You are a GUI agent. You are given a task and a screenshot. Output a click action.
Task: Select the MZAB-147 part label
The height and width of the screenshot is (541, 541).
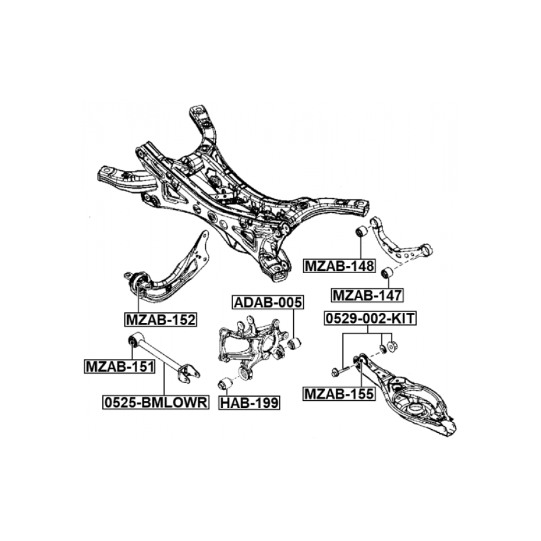pos(367,294)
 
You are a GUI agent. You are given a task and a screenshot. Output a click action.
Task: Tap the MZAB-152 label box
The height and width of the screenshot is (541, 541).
pos(160,320)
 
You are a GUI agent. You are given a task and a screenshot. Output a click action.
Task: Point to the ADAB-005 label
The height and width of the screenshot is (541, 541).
pos(267,303)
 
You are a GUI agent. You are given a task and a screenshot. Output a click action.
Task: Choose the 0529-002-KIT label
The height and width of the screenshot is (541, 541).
pos(370,319)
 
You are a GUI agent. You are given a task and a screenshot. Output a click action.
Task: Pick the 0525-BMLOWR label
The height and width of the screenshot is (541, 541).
pos(156,403)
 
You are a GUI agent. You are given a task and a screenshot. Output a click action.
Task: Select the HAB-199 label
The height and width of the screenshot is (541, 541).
pos(250,403)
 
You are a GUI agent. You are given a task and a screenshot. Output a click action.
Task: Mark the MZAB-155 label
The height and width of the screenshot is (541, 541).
pos(339,393)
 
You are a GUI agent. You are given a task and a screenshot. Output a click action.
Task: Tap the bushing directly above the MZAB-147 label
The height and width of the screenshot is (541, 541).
pos(387,273)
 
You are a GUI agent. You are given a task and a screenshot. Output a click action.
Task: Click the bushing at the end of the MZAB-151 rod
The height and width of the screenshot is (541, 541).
pos(135,340)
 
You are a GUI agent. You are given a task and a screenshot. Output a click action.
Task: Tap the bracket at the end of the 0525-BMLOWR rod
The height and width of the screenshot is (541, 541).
pos(189,371)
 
